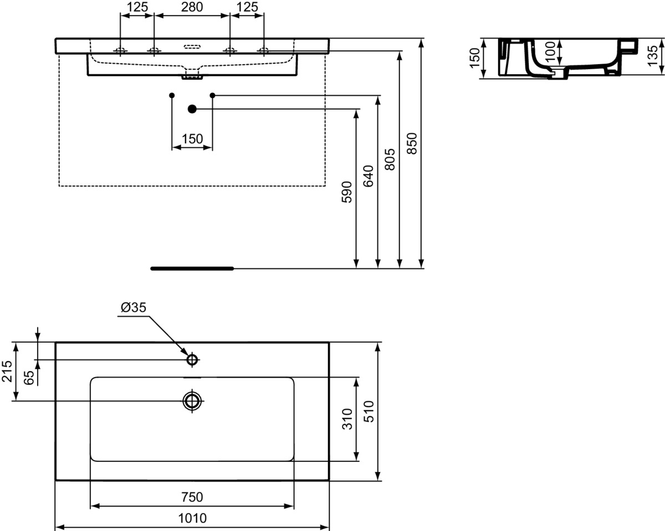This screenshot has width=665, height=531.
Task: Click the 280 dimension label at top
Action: (x=191, y=7)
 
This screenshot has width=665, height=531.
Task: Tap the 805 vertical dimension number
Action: (x=390, y=159)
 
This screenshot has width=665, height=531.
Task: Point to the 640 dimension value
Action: (x=369, y=176)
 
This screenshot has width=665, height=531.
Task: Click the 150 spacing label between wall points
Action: (x=192, y=139)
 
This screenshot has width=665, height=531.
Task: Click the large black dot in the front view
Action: (x=192, y=109)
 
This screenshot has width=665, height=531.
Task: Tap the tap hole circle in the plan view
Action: (x=192, y=360)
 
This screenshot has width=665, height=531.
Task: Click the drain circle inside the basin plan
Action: (x=192, y=400)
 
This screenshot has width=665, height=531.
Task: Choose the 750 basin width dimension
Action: (x=192, y=497)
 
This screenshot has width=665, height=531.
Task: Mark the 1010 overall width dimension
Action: (x=192, y=518)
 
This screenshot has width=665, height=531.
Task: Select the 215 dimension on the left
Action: (x=7, y=372)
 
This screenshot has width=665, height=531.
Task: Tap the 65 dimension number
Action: (x=29, y=378)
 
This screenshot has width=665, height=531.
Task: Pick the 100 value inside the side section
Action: (x=550, y=52)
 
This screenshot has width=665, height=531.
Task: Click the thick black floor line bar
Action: (x=192, y=269)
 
